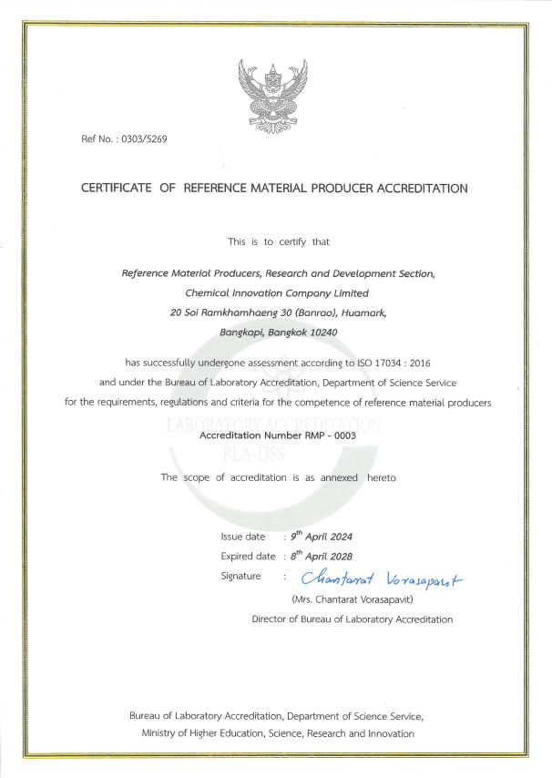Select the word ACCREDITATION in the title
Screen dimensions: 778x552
click(418, 189)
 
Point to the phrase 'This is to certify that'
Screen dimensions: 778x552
click(278, 241)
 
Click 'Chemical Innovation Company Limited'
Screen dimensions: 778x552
click(277, 293)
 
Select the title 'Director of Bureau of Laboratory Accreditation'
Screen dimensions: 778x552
click(352, 619)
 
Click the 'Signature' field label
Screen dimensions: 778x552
click(240, 576)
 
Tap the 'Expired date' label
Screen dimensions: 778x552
click(248, 557)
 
